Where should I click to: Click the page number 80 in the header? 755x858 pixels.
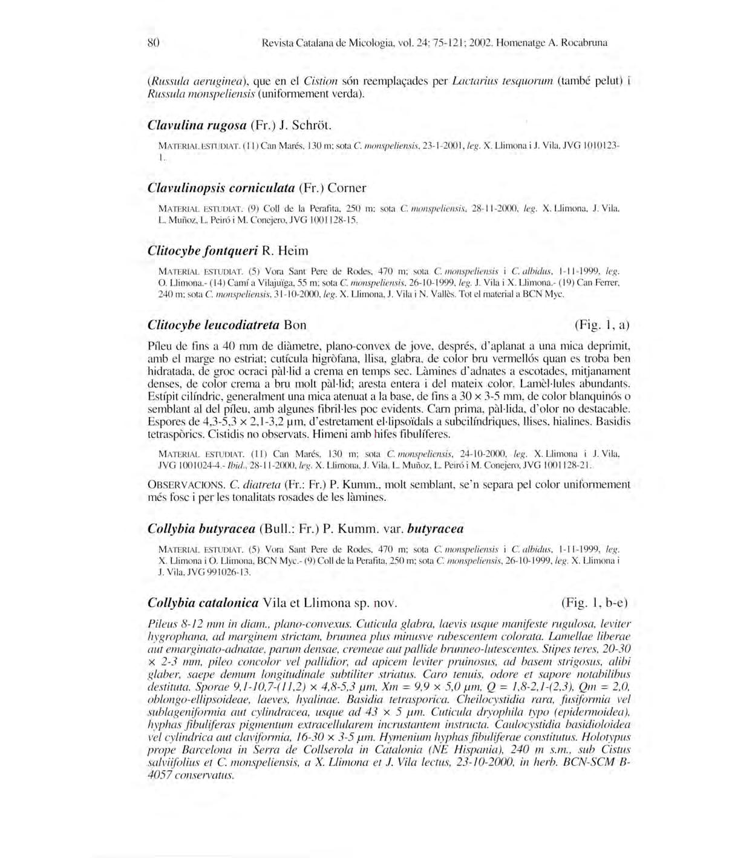[153, 43]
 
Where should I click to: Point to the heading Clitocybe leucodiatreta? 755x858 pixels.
[213, 325]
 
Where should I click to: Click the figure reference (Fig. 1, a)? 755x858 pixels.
[601, 325]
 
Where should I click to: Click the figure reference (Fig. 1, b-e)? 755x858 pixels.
[595, 603]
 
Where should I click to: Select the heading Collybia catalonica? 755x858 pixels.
[203, 603]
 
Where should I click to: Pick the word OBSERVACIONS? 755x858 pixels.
[185, 485]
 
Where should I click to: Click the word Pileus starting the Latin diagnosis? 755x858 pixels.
[162, 624]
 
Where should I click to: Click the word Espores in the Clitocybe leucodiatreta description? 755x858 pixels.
[166, 422]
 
